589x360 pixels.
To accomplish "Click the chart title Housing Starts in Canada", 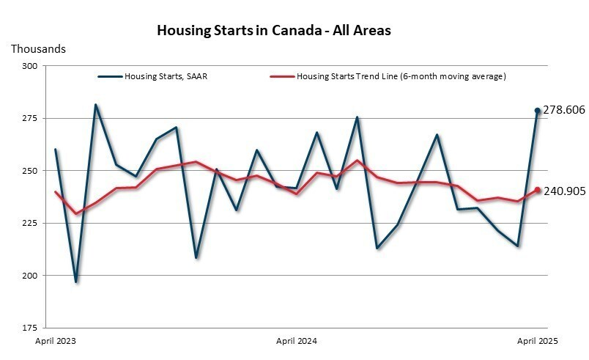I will [x=274, y=30].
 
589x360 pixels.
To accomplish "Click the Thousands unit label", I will [x=38, y=49].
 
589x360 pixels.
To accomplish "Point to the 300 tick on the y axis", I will [x=30, y=66].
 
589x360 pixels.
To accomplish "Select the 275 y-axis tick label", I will [x=30, y=118].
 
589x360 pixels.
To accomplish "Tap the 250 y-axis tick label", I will [x=30, y=171].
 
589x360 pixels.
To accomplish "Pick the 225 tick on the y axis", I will [x=30, y=223].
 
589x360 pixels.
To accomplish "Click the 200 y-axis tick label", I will [x=30, y=276].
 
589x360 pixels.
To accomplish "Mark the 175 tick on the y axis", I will [x=30, y=328].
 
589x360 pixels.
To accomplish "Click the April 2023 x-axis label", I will [x=56, y=342].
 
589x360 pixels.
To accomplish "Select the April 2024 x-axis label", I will [x=296, y=342].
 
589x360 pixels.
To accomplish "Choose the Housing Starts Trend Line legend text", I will [x=401, y=76].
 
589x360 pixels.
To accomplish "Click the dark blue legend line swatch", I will [x=110, y=76].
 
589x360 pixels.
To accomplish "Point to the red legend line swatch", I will [x=282, y=76].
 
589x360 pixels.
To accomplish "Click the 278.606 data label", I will [x=564, y=110].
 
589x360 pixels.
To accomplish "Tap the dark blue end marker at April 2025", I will [x=537, y=111].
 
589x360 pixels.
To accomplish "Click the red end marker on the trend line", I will [x=537, y=190].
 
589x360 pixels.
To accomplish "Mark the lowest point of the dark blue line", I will [x=75, y=282].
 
